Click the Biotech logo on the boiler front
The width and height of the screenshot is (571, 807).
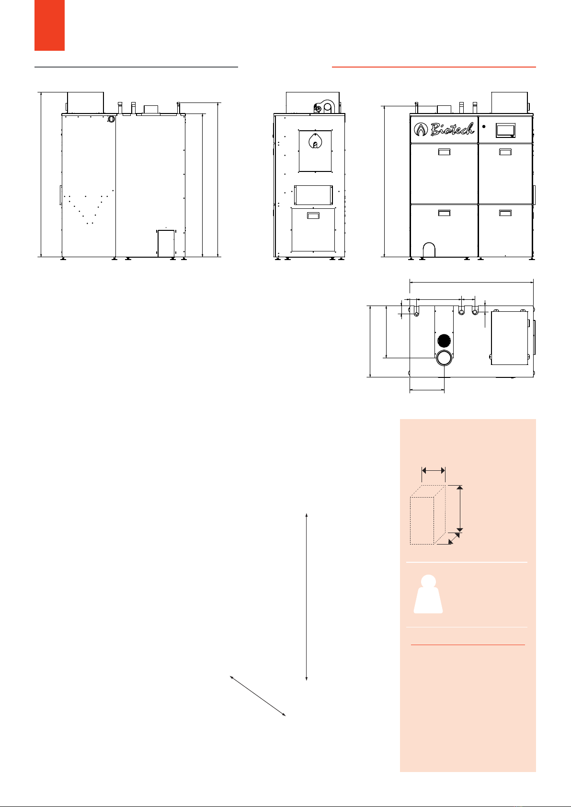(444, 129)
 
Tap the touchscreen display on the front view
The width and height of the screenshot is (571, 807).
(505, 130)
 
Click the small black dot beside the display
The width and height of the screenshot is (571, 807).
(484, 126)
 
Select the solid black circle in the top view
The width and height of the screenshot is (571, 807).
(444, 340)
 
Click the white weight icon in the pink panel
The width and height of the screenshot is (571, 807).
(428, 594)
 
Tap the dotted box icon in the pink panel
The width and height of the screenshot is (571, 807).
(428, 514)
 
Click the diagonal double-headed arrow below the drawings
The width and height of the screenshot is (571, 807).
(258, 696)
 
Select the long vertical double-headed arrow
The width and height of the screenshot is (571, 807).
(307, 597)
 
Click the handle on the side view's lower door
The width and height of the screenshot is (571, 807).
(313, 216)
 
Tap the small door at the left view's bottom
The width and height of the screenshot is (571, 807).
(166, 243)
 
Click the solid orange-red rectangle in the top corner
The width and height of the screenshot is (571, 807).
(49, 25)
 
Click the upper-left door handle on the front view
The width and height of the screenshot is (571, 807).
(444, 152)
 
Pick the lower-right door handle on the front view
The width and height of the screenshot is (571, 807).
(505, 213)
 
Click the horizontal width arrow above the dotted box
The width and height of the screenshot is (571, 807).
(434, 470)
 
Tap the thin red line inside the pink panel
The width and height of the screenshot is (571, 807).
(468, 645)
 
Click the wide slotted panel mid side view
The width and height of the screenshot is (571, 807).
(313, 195)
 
